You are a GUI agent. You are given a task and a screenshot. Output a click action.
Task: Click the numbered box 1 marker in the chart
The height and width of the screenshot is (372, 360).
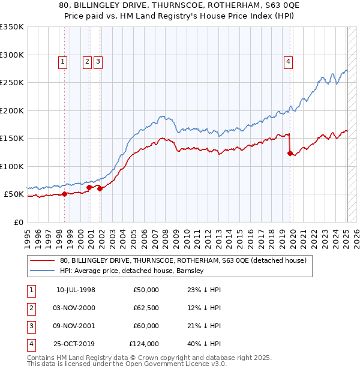[63, 61]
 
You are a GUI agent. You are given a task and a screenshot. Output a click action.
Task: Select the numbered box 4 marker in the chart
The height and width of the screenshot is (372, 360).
[289, 61]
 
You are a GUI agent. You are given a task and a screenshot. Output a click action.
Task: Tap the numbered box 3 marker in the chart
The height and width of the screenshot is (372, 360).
[98, 61]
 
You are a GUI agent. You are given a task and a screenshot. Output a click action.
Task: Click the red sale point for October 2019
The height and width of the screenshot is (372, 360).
[290, 154]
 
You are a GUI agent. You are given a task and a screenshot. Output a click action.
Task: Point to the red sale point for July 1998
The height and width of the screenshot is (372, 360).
[64, 194]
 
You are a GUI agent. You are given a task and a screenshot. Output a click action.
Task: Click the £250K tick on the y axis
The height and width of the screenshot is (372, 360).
[12, 83]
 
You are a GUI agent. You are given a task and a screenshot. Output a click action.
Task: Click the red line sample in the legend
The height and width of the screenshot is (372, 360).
[43, 261]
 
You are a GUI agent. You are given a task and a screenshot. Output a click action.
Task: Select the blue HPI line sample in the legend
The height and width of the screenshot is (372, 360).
[43, 271]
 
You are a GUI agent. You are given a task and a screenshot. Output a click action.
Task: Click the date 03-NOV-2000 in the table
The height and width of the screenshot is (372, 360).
[75, 308]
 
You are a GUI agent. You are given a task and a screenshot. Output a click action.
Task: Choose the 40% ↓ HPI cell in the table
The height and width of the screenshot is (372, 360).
[204, 344]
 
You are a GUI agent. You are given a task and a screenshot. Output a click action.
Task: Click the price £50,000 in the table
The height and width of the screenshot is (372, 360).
[146, 290]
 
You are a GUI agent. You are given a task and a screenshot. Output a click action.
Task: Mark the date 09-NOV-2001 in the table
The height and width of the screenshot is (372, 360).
[75, 326]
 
